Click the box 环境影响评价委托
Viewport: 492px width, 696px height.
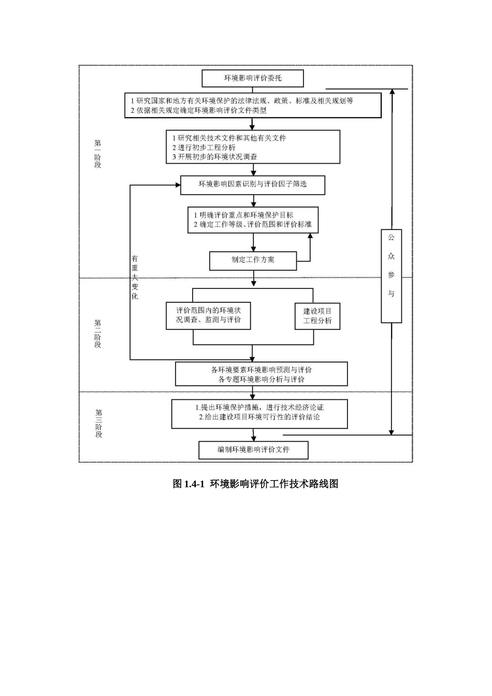pyautogui.click(x=253, y=78)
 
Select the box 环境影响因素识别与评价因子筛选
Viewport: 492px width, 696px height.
pyautogui.click(x=253, y=184)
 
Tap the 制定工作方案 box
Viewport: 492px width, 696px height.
pyautogui.click(x=253, y=260)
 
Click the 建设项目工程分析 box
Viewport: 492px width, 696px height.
pyautogui.click(x=317, y=316)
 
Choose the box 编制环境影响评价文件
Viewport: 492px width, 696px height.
pyautogui.click(x=253, y=450)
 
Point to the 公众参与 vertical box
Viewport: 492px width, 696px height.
pyautogui.click(x=392, y=275)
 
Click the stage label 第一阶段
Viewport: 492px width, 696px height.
pyautogui.click(x=98, y=154)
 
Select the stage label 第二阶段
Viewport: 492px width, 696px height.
pyautogui.click(x=98, y=334)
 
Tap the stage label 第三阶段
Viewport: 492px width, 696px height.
pyautogui.click(x=98, y=423)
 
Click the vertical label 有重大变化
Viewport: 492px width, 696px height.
pyautogui.click(x=135, y=277)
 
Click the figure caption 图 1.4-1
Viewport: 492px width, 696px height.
pyautogui.click(x=255, y=484)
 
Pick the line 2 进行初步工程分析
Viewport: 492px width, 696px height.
pyautogui.click(x=204, y=148)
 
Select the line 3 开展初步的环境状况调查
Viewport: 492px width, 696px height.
pyautogui.click(x=215, y=157)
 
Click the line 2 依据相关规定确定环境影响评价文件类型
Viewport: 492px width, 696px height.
pyautogui.click(x=198, y=110)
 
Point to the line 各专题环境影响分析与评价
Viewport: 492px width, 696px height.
pyautogui.click(x=262, y=379)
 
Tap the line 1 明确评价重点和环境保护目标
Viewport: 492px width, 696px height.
pyautogui.click(x=243, y=215)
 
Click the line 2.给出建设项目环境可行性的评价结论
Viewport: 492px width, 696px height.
pyautogui.click(x=259, y=417)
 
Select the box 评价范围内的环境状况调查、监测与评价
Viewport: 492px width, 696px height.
pyautogui.click(x=208, y=315)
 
